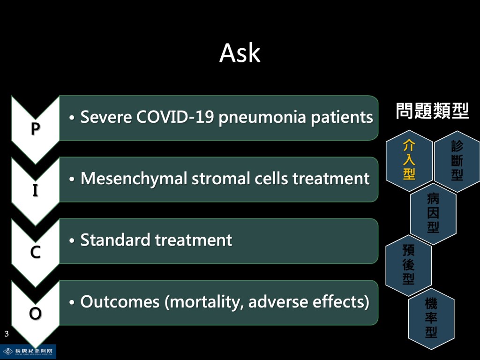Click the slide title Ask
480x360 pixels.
(240, 53)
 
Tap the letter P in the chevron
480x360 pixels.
(34, 129)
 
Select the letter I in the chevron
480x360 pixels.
(35, 191)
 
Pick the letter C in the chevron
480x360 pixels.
(35, 253)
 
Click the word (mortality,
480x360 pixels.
(204, 302)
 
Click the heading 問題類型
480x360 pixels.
(432, 111)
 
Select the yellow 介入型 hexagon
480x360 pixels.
(409, 160)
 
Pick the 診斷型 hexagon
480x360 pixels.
(457, 160)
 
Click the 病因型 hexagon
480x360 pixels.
(433, 213)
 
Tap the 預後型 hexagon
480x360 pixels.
(408, 265)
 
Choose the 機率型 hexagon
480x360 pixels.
(431, 318)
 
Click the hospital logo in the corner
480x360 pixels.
(28, 351)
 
